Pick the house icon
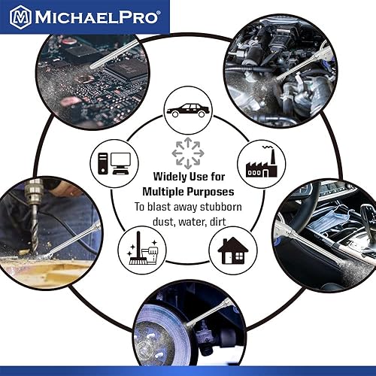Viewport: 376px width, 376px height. [235, 248]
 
